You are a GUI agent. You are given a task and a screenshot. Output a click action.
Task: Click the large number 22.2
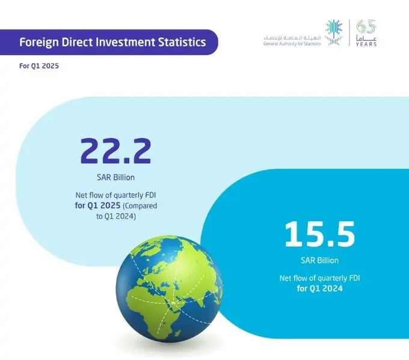pos(115,151)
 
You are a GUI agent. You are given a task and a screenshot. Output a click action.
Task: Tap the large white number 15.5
pos(319,234)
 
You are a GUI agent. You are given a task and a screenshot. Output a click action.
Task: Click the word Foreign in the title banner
pos(38,43)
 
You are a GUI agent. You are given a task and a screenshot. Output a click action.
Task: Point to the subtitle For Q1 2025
pos(39,66)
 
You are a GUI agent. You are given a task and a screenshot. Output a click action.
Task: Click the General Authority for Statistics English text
pos(292,44)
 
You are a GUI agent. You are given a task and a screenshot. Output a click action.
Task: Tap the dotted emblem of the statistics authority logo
pos(334,32)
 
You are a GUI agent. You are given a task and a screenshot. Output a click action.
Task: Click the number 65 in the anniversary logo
pos(366,26)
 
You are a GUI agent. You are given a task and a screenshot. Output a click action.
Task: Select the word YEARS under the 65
pos(366,44)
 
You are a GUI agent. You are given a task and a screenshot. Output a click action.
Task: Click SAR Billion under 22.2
pos(116,177)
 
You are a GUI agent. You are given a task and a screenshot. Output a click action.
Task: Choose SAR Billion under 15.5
pos(319,260)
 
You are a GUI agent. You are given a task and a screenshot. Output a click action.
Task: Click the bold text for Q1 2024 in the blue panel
pos(319,288)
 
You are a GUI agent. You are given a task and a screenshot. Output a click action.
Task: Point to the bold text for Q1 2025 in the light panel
pos(98,206)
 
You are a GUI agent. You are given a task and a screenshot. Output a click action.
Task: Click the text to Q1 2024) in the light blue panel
pos(116,216)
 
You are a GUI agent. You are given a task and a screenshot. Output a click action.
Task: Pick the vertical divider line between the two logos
pos(349,32)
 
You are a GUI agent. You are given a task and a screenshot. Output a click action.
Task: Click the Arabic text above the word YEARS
pos(366,38)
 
